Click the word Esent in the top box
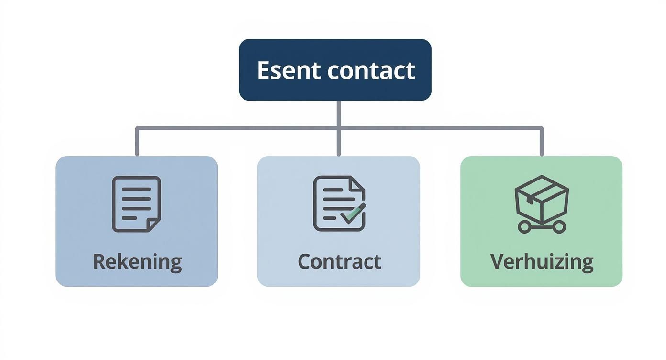click(x=289, y=70)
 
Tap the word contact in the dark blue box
click(x=371, y=70)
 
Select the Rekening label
click(x=137, y=262)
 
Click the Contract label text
click(x=339, y=262)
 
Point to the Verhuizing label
click(x=542, y=262)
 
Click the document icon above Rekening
click(x=136, y=204)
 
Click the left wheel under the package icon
click(x=524, y=227)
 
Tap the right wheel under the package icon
click(x=559, y=227)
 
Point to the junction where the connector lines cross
click(x=339, y=128)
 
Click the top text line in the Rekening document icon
click(x=136, y=189)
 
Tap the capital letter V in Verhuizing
click(x=498, y=261)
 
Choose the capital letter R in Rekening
click(x=99, y=261)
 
